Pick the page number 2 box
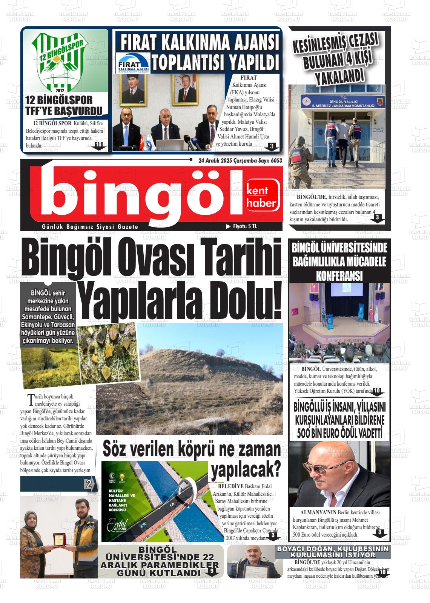(x=89, y=484)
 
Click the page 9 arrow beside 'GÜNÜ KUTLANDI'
(x=212, y=571)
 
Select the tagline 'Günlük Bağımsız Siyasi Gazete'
(x=90, y=227)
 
